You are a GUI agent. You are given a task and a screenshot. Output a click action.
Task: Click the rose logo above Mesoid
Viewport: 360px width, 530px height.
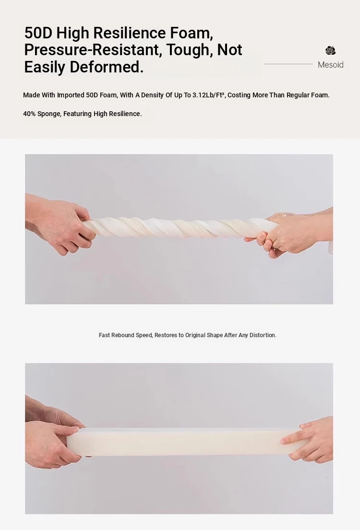(331, 50)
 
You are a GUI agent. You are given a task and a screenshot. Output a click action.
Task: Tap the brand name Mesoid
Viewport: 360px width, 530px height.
(331, 65)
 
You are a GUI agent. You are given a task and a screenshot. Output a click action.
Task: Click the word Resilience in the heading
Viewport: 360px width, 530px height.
(130, 33)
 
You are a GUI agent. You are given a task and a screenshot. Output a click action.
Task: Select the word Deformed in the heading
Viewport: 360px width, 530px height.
(107, 67)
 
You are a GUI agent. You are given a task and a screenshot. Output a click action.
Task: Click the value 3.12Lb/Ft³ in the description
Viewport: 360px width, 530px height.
(209, 95)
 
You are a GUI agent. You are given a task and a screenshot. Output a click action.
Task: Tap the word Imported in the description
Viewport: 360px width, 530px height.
(71, 95)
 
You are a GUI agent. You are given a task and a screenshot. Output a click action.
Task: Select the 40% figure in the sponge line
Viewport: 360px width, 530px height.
(29, 114)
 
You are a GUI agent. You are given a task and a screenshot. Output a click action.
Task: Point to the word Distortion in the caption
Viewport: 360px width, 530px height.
(263, 335)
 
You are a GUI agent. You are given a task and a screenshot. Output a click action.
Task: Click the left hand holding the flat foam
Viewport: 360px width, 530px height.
(54, 436)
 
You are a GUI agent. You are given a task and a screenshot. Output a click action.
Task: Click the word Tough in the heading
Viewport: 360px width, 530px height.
(188, 50)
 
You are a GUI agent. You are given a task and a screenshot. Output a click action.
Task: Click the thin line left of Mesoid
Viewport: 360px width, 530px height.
(288, 64)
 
